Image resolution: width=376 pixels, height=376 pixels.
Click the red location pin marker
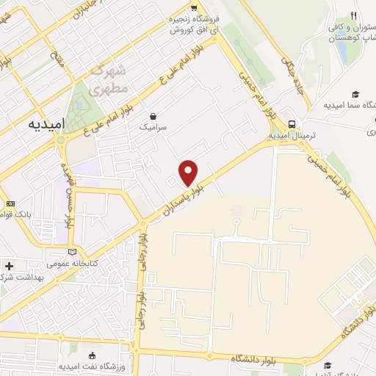pos(189,173)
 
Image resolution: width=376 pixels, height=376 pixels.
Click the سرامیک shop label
pos(153,127)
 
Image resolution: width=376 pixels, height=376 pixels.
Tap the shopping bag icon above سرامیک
pos(153,115)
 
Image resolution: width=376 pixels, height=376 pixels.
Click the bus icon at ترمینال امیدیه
pos(292,123)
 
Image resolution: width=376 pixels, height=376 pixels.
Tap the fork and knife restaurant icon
pos(353,15)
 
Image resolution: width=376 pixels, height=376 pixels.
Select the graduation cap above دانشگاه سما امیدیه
pos(355,93)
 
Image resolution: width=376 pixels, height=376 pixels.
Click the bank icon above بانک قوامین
pos(10,203)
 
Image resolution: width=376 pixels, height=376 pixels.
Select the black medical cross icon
pos(9,266)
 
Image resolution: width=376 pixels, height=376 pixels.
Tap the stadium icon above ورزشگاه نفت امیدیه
pos(92,354)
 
